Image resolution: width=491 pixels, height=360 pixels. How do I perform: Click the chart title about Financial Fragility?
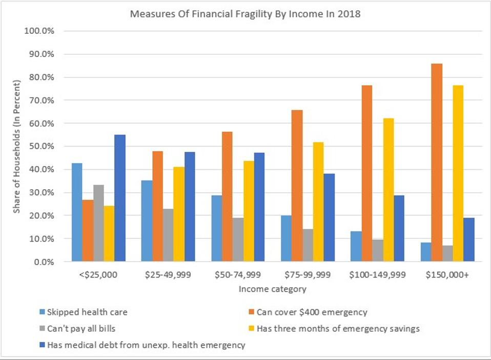245,14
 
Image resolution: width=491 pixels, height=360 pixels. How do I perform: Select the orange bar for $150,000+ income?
436,163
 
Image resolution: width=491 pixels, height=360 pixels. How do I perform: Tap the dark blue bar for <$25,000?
120,198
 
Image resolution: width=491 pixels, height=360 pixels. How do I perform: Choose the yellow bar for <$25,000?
109,233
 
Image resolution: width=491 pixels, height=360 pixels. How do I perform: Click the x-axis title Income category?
272,289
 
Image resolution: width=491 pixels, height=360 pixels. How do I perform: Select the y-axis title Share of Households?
17,146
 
